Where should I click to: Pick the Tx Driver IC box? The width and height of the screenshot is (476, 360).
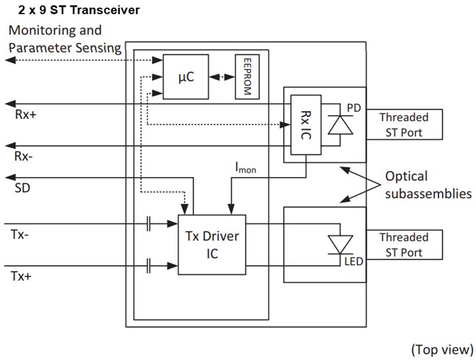click(x=211, y=244)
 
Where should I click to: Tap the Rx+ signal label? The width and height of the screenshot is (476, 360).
click(x=26, y=114)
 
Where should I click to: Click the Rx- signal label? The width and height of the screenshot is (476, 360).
click(x=24, y=157)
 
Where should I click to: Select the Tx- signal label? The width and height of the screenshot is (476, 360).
click(x=21, y=233)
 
